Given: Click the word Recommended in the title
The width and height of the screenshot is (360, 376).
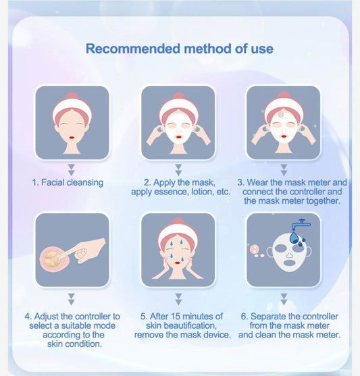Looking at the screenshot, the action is point(132,49).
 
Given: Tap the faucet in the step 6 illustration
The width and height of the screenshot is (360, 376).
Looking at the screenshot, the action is point(301,225).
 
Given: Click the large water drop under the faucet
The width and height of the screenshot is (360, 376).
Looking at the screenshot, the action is point(294,237).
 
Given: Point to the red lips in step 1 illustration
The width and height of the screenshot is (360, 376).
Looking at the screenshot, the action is point(72,138).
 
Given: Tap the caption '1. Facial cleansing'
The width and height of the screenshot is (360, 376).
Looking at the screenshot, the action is point(68,182).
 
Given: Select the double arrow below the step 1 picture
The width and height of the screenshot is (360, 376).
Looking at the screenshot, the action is point(72,170).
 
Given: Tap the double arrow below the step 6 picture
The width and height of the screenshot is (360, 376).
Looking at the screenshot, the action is point(284,299).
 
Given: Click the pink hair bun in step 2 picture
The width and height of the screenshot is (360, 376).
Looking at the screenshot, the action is point(178,96).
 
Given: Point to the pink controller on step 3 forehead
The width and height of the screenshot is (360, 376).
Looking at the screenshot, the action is point(281,114).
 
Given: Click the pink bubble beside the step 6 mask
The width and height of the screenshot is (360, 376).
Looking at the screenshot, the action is point(253,248).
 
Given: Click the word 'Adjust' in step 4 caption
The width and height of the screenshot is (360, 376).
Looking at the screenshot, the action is point(47,317).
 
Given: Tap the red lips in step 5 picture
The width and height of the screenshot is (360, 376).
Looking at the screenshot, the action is point(178,263).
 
